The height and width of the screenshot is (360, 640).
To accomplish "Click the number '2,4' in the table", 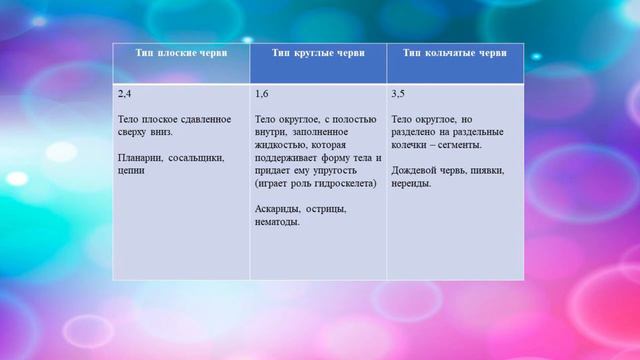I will (x=125, y=94).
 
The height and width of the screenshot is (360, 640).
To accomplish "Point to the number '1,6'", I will (x=262, y=94).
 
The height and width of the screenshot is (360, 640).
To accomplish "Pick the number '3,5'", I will (x=399, y=94).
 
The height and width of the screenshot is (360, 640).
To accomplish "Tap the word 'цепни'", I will (x=131, y=170).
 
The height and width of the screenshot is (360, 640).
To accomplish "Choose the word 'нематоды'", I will (x=280, y=222).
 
